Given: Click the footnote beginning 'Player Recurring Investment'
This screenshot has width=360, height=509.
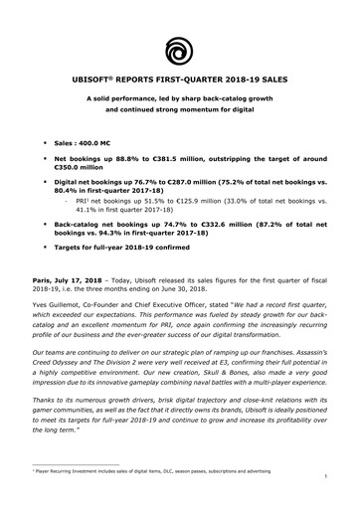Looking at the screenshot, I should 149,479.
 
